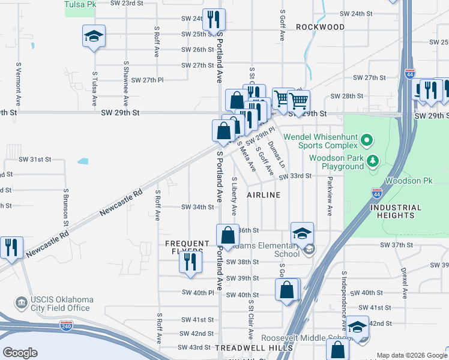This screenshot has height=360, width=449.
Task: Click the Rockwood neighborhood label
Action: point(321,27)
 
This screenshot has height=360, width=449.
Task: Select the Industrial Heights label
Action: point(392,211)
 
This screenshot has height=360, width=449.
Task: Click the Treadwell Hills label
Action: point(246,348)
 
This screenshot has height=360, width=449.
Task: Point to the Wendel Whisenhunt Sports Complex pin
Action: point(367,142)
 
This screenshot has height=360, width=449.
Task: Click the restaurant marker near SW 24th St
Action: point(214,21)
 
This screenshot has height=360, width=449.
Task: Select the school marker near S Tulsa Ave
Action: point(94,37)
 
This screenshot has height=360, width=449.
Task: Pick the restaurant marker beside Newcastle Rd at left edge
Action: point(11,248)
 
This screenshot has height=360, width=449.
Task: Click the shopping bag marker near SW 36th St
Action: point(227,236)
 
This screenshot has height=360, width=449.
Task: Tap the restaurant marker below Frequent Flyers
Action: point(190,263)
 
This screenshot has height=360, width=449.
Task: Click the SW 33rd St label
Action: point(295,176)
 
